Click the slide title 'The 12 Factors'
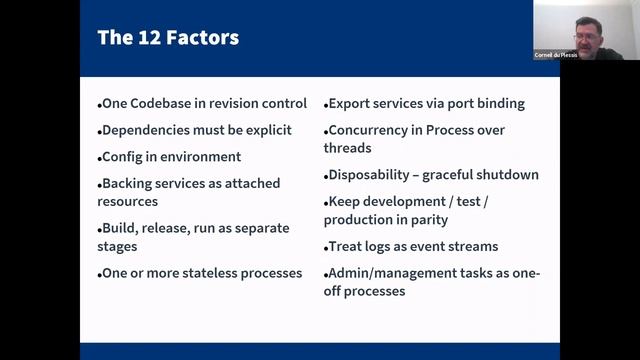click(168, 39)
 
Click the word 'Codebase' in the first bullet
click(165, 104)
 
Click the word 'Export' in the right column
click(352, 103)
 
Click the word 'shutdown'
click(503, 175)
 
